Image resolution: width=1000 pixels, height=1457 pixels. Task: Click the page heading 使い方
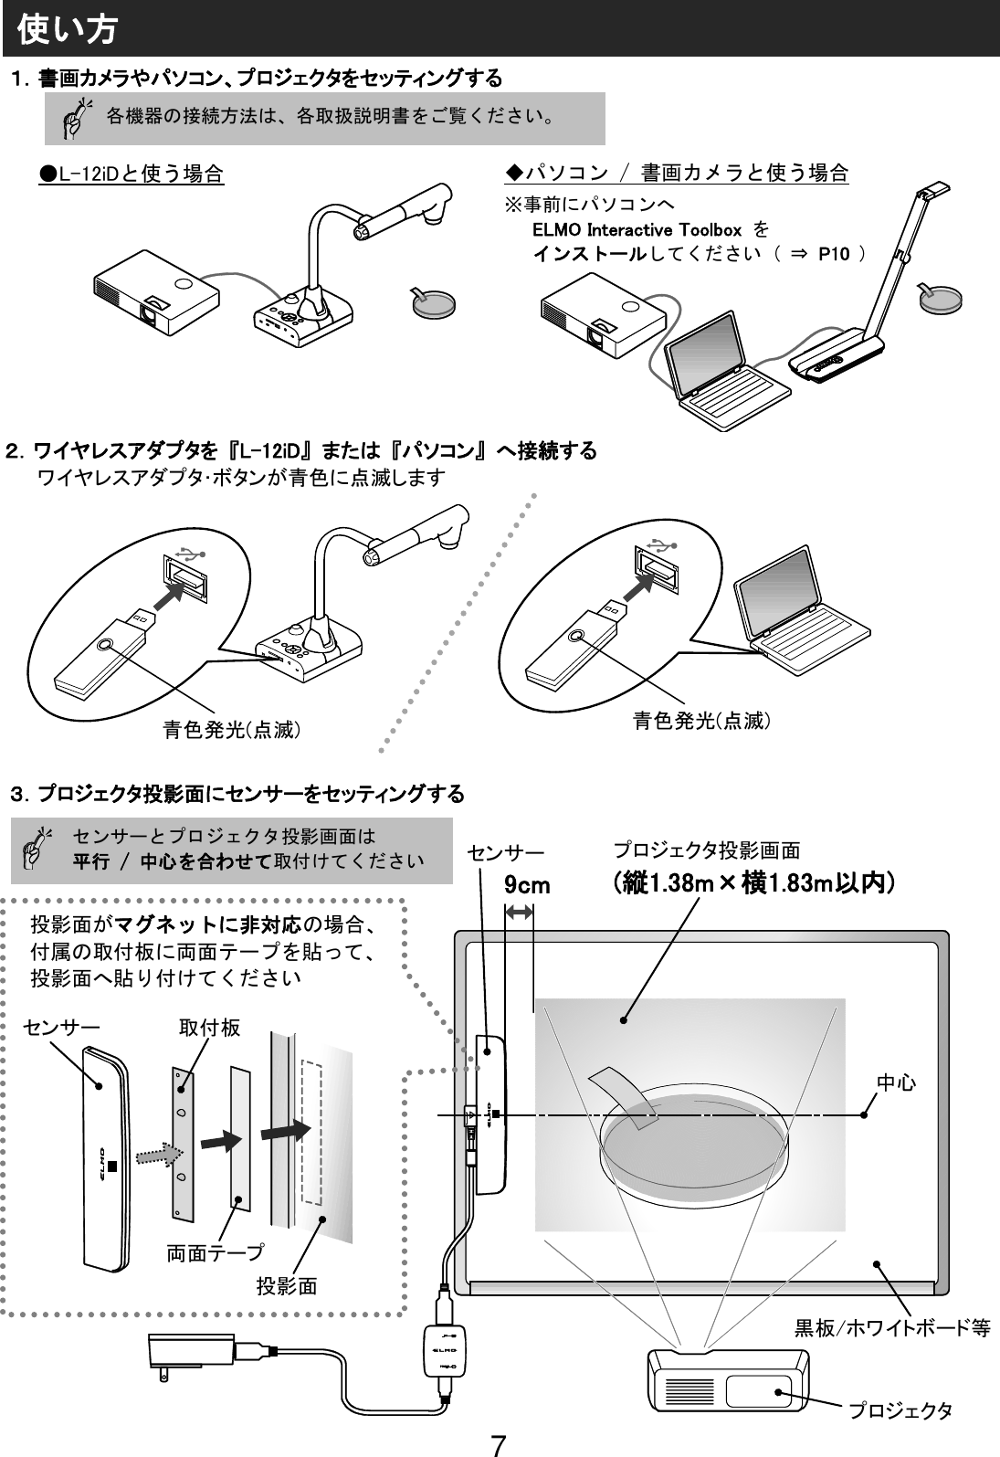pyautogui.click(x=67, y=30)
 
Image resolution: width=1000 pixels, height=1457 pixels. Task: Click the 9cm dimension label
pyautogui.click(x=528, y=886)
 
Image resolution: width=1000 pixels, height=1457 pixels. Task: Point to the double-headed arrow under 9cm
pyautogui.click(x=520, y=911)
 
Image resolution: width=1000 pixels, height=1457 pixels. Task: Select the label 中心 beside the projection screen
pyautogui.click(x=896, y=1083)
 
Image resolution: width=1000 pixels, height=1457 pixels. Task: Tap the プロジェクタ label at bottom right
pyautogui.click(x=900, y=1411)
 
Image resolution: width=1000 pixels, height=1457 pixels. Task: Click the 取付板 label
pyautogui.click(x=209, y=1028)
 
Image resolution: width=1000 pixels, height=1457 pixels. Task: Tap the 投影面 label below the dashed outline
pyautogui.click(x=286, y=1287)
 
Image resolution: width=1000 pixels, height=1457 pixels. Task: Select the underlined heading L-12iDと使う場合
pyautogui.click(x=132, y=174)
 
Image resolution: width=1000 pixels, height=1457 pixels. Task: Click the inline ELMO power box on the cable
pyautogui.click(x=443, y=1350)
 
